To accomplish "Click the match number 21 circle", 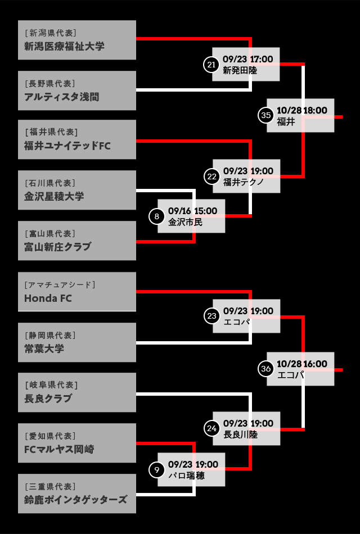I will point(211,65).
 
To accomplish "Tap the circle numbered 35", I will point(265,115).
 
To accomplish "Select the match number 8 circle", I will point(156,216).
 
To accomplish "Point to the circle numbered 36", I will point(265,369).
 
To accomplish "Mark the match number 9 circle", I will point(156,470).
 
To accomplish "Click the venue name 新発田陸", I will point(240,70).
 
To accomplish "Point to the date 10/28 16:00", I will point(301,364).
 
